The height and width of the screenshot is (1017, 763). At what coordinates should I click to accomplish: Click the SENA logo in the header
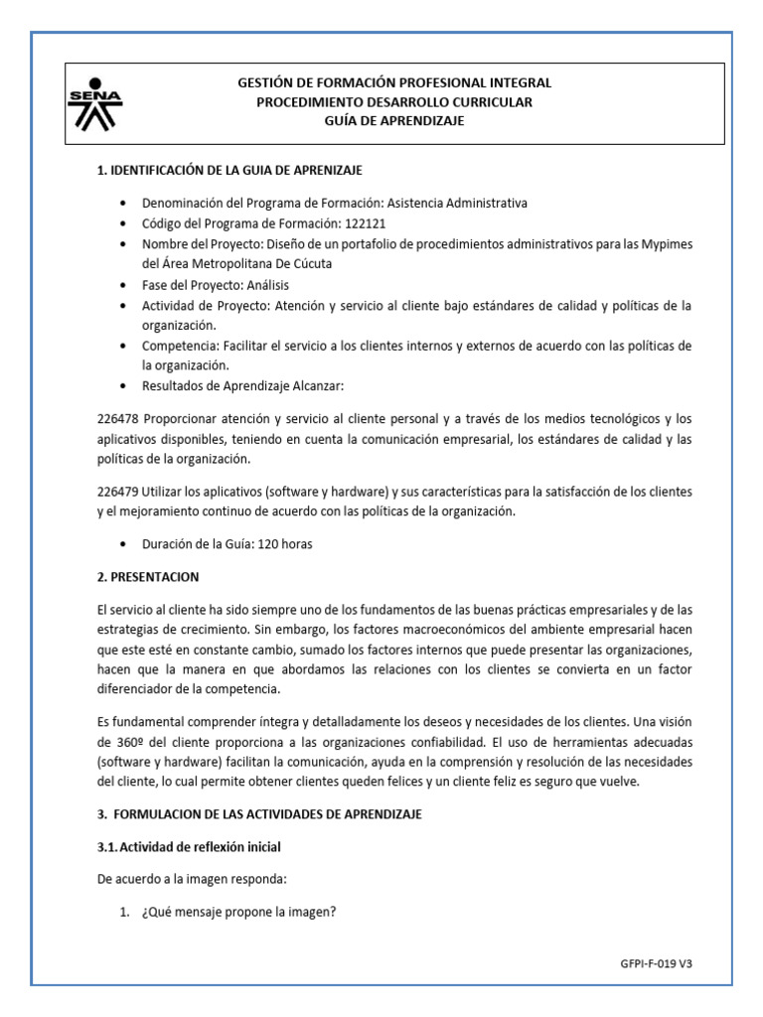(x=94, y=103)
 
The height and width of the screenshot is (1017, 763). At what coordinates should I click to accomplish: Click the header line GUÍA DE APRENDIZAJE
(x=394, y=121)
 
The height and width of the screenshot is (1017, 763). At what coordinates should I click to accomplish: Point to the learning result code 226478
(x=116, y=419)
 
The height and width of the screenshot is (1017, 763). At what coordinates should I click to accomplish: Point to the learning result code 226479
(x=116, y=492)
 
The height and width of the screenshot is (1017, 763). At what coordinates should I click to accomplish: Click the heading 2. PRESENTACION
(x=148, y=577)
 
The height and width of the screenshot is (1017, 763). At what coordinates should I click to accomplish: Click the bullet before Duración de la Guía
(x=121, y=545)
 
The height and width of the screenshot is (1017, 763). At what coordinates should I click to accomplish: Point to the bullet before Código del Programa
(x=121, y=223)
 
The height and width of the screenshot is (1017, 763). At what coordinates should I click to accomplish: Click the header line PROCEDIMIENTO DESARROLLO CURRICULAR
(x=394, y=102)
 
